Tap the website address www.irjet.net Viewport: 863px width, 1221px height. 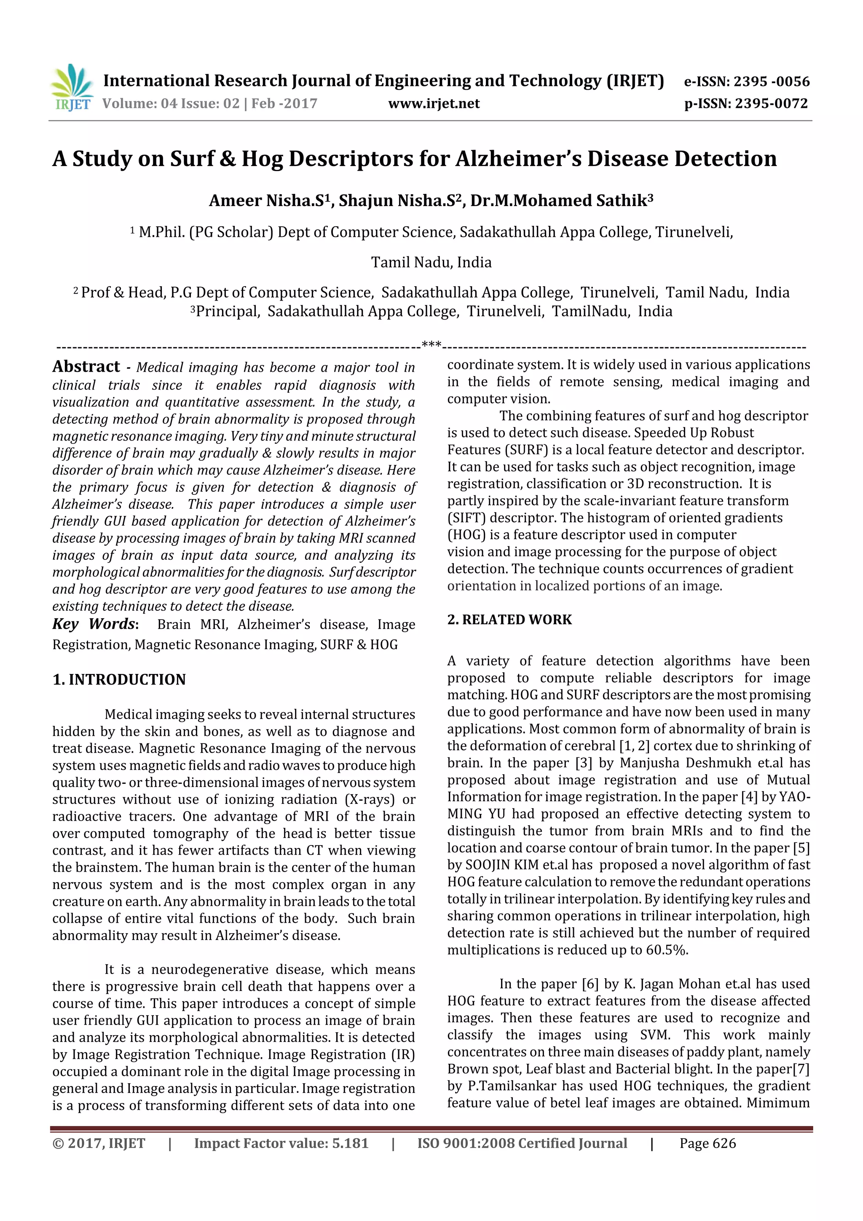pyautogui.click(x=434, y=104)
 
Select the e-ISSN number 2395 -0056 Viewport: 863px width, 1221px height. pyautogui.click(x=772, y=82)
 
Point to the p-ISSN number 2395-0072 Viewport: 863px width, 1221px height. pyautogui.click(x=771, y=104)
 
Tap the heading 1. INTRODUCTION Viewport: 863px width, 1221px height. pyautogui.click(x=119, y=680)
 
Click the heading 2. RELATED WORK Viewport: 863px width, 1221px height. pyautogui.click(x=509, y=620)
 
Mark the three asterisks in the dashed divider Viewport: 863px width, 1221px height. pyautogui.click(x=431, y=345)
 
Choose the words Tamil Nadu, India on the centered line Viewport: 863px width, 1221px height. pyautogui.click(x=431, y=262)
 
